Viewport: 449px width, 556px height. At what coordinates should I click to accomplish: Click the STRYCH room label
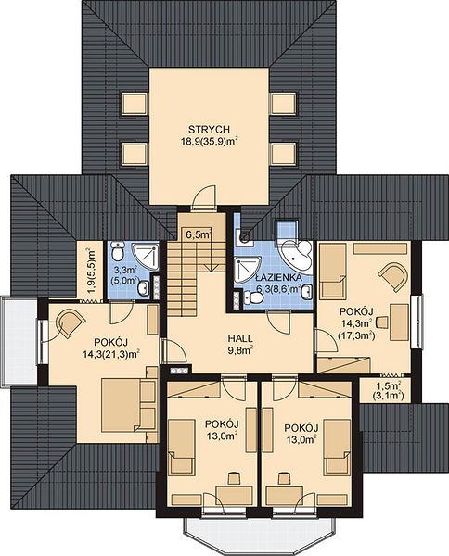[x=209, y=129]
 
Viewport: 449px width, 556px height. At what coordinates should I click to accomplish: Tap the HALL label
[x=240, y=338]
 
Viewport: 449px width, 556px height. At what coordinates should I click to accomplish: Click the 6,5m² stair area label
[x=199, y=234]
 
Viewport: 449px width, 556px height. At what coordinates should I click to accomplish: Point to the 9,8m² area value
[x=240, y=350]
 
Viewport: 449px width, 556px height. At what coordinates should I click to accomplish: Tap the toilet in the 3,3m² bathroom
[x=117, y=251]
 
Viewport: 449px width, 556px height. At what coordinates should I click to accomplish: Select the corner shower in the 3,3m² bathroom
[x=145, y=257]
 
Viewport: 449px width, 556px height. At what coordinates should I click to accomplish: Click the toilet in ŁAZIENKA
[x=253, y=297]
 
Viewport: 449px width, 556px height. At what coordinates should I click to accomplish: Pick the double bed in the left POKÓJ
[x=121, y=405]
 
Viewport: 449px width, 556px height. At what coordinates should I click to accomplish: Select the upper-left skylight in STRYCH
[x=135, y=103]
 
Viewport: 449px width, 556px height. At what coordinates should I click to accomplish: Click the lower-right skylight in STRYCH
[x=284, y=154]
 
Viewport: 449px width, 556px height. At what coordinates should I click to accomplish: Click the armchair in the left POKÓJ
[x=71, y=323]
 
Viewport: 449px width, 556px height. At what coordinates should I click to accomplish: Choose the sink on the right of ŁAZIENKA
[x=306, y=292]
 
